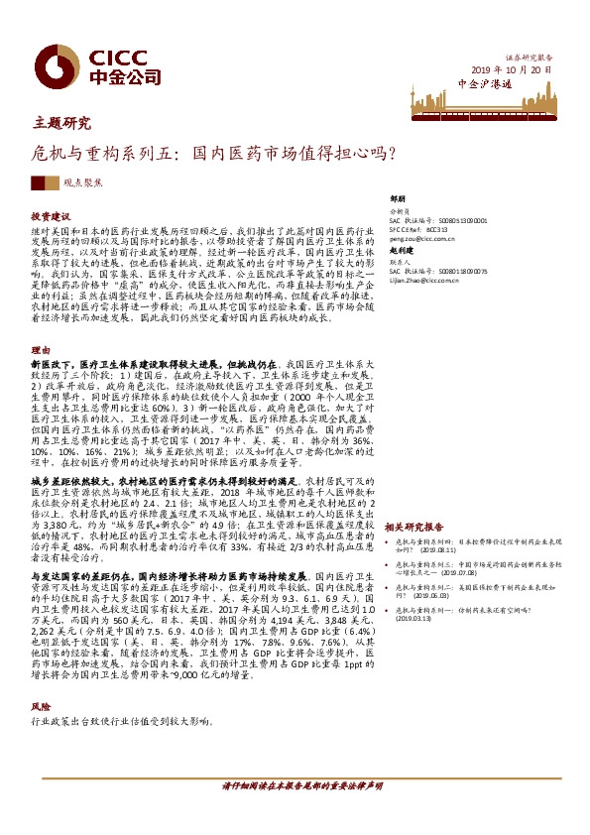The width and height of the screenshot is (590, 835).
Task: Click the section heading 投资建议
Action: tap(51, 216)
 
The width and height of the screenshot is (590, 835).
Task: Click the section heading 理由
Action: tap(41, 350)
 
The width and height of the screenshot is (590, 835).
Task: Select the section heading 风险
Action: tap(41, 705)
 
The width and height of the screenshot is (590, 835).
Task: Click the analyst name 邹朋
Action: tap(399, 199)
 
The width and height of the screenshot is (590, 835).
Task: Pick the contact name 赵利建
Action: tap(401, 251)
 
